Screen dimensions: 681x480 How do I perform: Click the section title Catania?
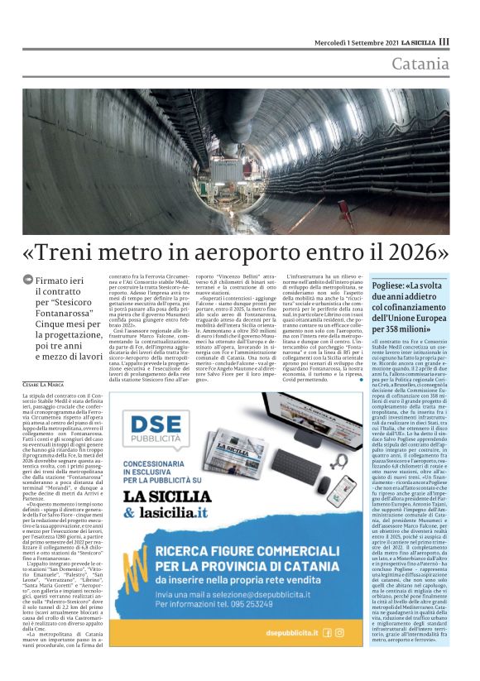(x=420, y=65)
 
